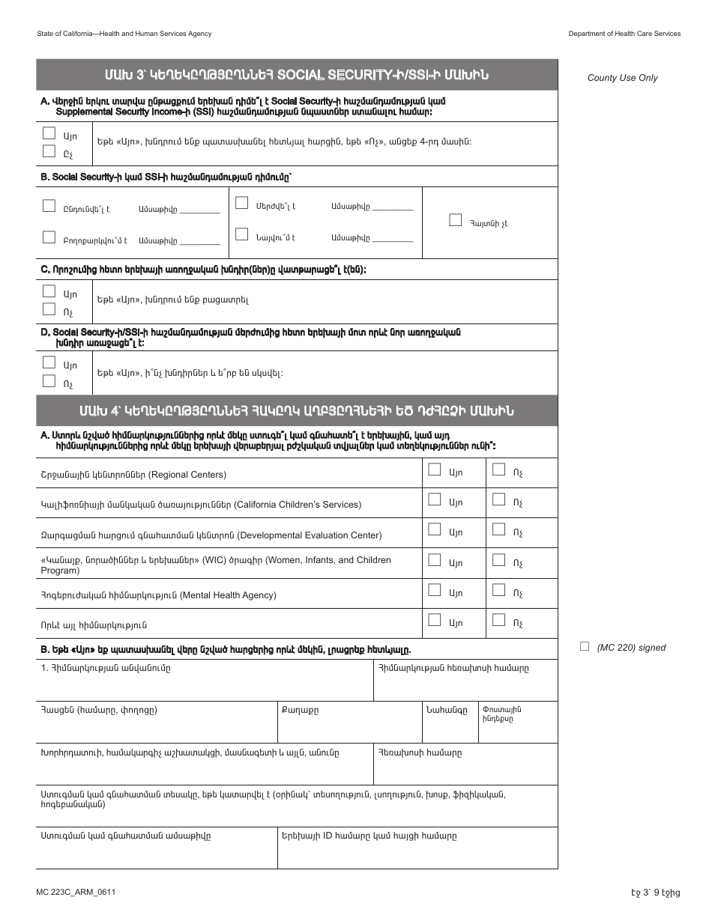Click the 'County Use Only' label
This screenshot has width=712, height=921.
(622, 78)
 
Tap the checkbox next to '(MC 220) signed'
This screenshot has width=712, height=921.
(585, 647)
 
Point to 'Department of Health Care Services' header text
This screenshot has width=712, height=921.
(624, 34)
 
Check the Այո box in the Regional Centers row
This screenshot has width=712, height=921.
(434, 469)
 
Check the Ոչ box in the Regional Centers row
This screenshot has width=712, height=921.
(498, 469)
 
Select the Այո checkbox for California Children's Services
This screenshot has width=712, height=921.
(434, 499)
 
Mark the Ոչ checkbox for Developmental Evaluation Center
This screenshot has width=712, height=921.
(498, 529)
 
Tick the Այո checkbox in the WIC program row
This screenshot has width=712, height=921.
(434, 559)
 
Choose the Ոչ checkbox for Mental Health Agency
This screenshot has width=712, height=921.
(498, 590)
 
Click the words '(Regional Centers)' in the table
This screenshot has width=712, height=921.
(187, 475)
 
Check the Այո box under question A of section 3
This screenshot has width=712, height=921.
(49, 133)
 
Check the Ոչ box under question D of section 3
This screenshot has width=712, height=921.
(49, 380)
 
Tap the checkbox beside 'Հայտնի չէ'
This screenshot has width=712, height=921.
(455, 220)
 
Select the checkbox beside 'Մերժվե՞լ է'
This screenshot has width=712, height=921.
(241, 203)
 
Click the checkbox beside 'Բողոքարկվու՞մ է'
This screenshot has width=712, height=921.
(49, 237)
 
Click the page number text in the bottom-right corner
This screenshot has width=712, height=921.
(655, 893)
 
